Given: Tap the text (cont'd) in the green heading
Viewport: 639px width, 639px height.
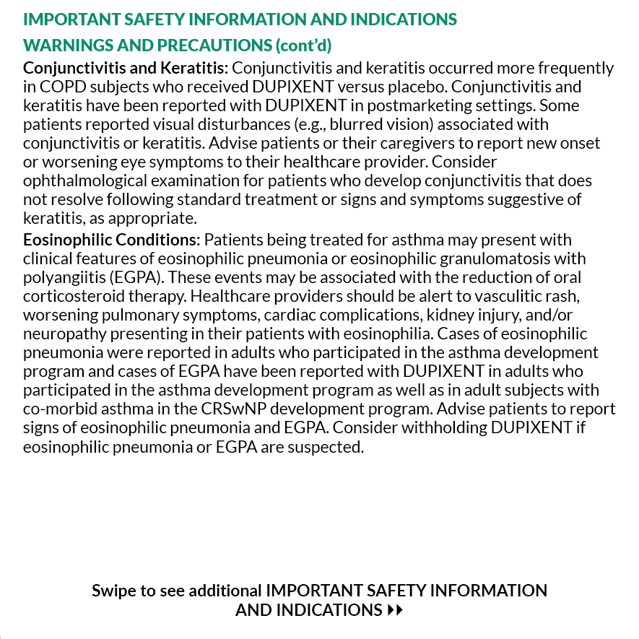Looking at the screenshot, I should [x=303, y=45].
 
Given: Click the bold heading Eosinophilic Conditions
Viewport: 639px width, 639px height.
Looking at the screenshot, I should [x=110, y=240].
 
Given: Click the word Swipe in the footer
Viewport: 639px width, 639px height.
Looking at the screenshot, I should [x=113, y=591].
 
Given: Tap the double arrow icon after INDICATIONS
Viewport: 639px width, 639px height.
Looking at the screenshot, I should [x=395, y=610].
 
